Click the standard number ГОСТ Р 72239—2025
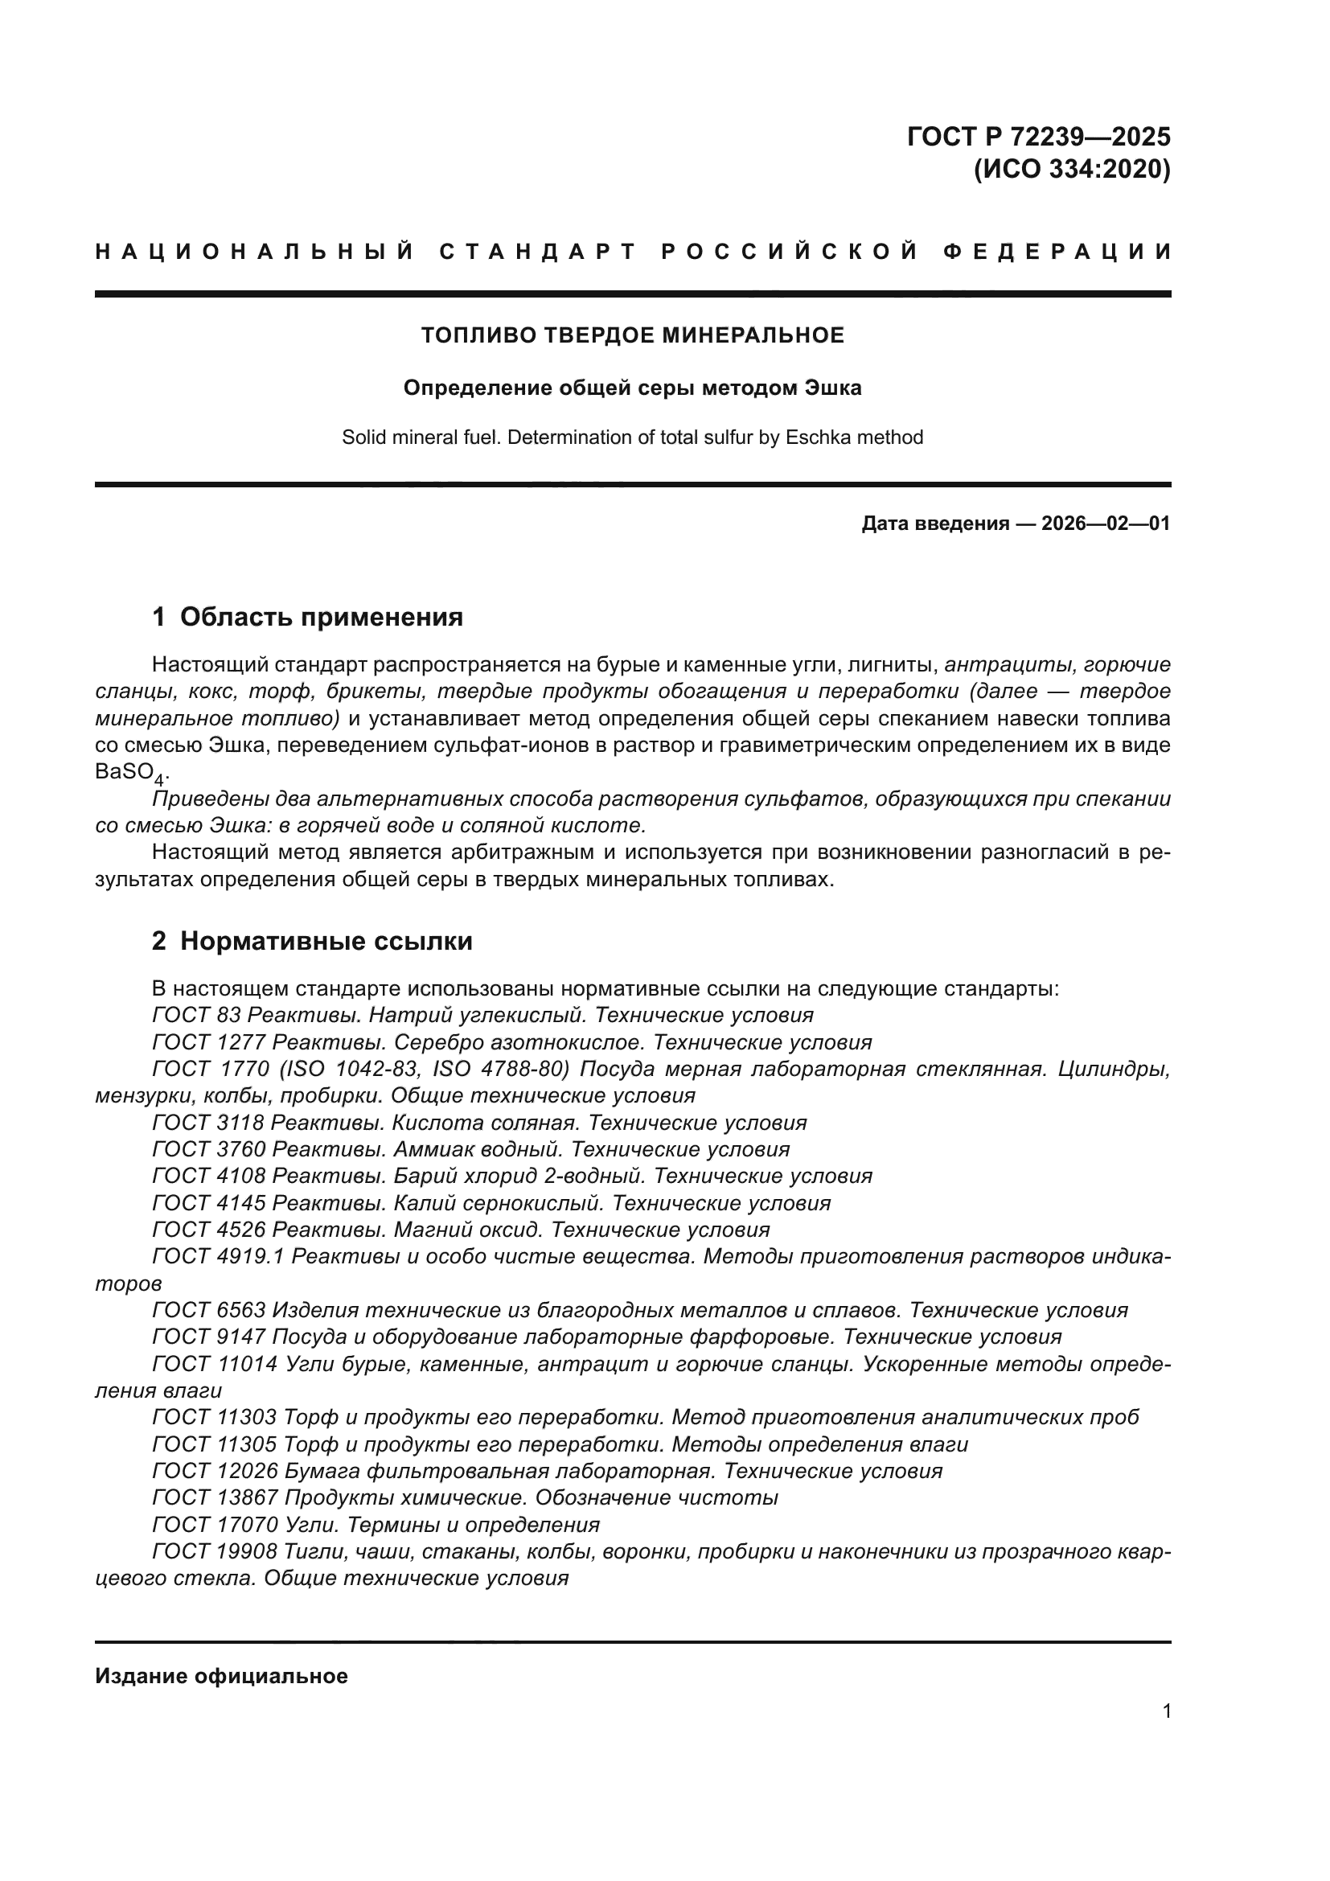pos(1037,136)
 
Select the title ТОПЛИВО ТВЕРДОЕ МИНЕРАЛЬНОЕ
pos(632,335)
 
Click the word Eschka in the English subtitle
pos(816,437)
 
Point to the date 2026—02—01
pos(1106,524)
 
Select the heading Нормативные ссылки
pos(326,942)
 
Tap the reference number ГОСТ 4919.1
pos(218,1256)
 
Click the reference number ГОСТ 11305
pos(216,1444)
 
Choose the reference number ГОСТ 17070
pos(216,1525)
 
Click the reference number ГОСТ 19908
pos(216,1551)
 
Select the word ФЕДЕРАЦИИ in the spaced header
pos(1058,252)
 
